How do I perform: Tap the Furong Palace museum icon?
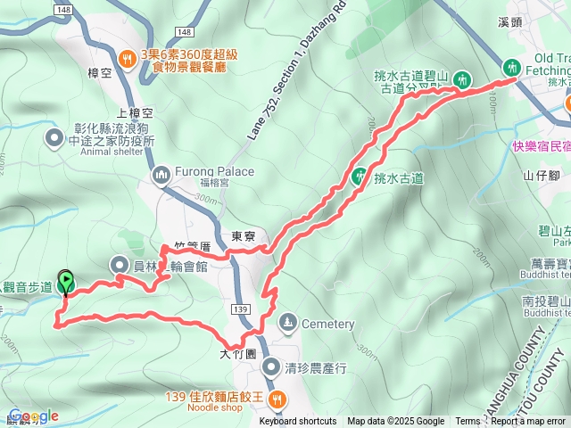161,172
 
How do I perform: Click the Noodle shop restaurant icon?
277,398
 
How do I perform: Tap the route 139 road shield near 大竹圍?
238,309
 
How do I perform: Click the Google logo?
33,416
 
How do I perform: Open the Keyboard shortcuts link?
298,422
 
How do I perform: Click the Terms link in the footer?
468,422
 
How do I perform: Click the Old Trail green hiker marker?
512,66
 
